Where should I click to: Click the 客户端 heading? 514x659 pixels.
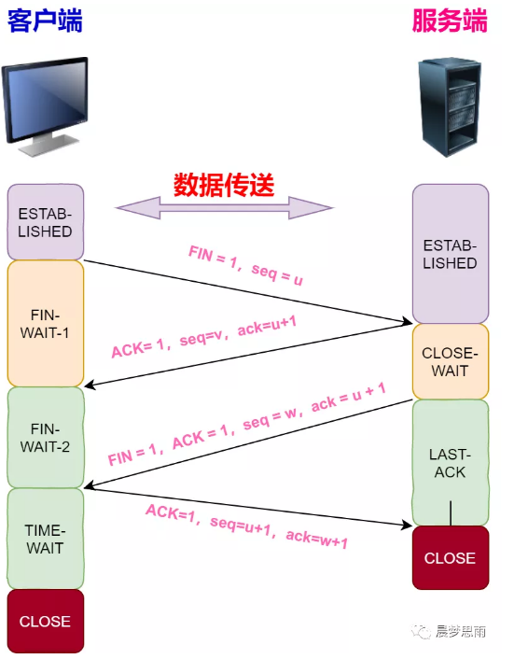coord(45,21)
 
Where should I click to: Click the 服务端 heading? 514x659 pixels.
coord(450,21)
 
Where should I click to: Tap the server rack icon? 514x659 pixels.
coord(451,105)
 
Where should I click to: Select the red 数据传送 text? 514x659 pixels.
coord(224,184)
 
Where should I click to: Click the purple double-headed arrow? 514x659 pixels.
coord(224,208)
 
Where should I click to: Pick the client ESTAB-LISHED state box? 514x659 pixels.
coord(45,222)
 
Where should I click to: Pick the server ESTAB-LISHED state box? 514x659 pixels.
coord(450,254)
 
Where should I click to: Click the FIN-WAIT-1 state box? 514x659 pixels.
coord(45,323)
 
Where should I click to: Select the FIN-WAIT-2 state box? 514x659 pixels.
coord(45,437)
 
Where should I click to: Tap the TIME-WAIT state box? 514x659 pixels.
coord(45,539)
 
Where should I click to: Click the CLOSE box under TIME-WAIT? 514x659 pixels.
coord(45,621)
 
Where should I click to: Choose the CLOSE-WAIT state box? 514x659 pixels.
coord(450,362)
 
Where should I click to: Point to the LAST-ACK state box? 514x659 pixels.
coord(450,462)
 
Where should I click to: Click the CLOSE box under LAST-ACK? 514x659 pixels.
coord(450,558)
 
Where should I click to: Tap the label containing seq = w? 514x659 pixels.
coord(246,429)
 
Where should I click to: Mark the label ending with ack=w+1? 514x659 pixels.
coord(246,526)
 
